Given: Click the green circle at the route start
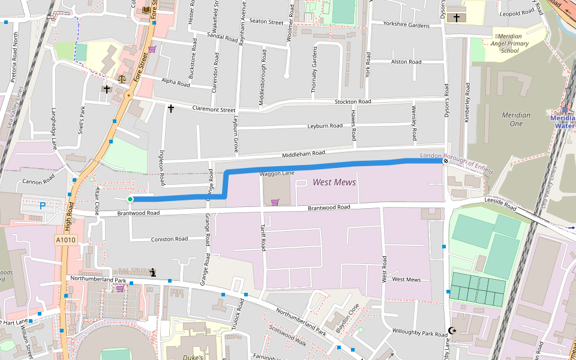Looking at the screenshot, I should [130, 199].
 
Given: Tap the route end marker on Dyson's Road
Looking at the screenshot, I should [446, 160].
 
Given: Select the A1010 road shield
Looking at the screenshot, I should [66, 240].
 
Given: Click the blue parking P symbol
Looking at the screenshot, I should [42, 206].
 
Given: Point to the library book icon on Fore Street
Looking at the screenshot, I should [147, 10].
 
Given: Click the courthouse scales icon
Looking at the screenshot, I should [122, 79].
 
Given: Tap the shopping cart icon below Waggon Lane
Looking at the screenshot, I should [275, 202].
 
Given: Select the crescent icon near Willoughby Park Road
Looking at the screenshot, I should [452, 331].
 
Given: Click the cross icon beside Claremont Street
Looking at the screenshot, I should [171, 109].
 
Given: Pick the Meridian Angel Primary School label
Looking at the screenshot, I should [509, 44].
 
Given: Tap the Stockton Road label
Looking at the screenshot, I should [353, 102].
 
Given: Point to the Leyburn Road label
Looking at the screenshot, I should [325, 126].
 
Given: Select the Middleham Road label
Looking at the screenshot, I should [303, 154].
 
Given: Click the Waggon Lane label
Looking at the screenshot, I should [277, 173].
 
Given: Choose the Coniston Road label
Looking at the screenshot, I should [169, 239].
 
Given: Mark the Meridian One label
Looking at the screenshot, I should [516, 119].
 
